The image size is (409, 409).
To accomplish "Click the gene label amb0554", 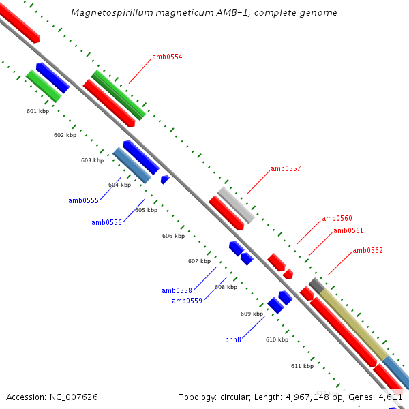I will click(x=167, y=57).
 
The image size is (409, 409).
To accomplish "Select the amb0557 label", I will click(x=286, y=168).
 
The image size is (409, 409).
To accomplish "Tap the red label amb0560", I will click(x=337, y=218).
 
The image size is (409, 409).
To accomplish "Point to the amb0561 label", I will click(x=348, y=230).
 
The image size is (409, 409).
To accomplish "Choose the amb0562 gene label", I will click(x=367, y=250).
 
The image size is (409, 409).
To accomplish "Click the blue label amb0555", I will click(x=83, y=200).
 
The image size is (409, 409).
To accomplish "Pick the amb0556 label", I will click(x=106, y=222).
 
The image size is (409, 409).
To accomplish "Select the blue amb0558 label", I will click(x=177, y=290).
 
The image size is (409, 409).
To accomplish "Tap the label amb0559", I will click(x=187, y=301).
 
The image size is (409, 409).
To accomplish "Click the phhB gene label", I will click(x=233, y=339).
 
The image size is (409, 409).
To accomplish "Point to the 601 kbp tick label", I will click(x=37, y=111).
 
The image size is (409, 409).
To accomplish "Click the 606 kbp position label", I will click(x=173, y=236).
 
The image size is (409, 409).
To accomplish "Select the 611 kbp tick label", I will click(x=302, y=366).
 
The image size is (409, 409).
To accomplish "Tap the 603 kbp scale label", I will click(x=92, y=160).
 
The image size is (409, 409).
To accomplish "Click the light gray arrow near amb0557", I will click(x=236, y=204).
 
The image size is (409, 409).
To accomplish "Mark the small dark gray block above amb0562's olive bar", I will click(x=316, y=284).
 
